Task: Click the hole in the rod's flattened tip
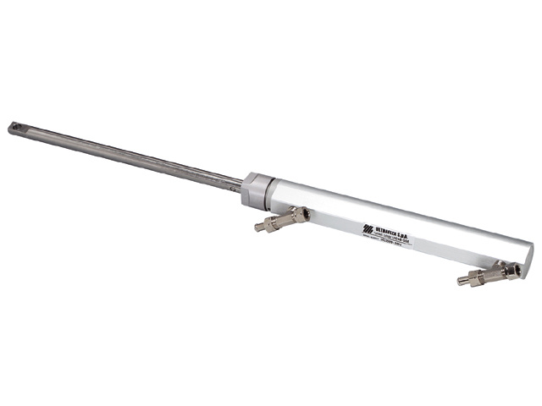[x=14, y=127]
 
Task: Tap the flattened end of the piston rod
[x=20, y=129]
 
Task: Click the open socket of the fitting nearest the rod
[x=296, y=214]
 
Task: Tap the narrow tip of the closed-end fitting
[x=462, y=280]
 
